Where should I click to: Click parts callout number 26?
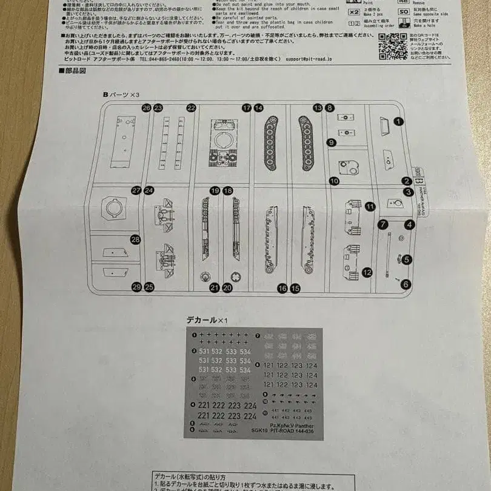(146, 108)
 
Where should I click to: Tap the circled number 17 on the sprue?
(246, 108)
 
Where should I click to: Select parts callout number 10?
(334, 181)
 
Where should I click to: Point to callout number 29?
(136, 287)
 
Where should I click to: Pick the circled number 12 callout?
(367, 273)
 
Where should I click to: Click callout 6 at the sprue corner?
(406, 284)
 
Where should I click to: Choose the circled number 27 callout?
(136, 190)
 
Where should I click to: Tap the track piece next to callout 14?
(271, 144)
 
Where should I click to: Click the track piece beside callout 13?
(304, 144)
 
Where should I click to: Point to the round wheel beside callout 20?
(237, 277)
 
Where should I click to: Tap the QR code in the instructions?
(393, 45)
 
